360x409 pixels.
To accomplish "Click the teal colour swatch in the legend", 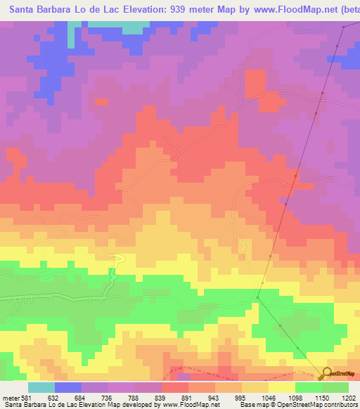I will (41, 387).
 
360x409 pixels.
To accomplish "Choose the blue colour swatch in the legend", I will (68, 387).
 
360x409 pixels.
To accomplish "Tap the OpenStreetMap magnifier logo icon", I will (328, 372).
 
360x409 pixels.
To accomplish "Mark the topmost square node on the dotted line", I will (344, 27).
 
